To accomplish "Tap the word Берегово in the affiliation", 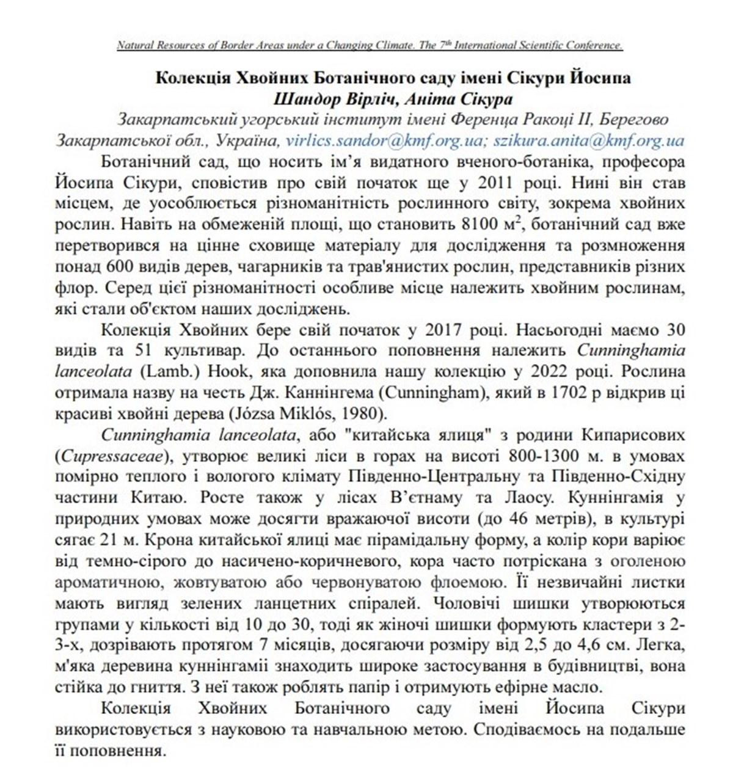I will click(x=629, y=119).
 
